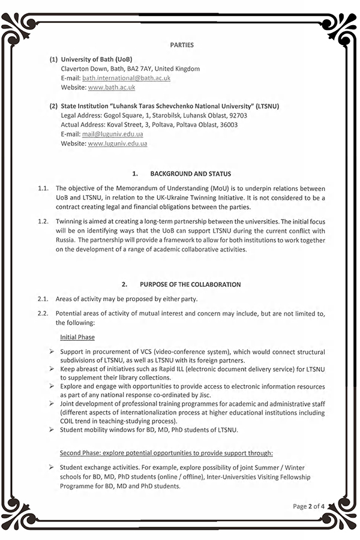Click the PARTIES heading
click(182, 45)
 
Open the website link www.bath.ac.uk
click(111, 88)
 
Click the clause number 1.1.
click(43, 188)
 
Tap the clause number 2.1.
click(43, 299)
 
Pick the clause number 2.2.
click(43, 313)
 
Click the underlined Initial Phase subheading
click(77, 337)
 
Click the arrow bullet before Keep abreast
click(53, 369)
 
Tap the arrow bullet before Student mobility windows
click(53, 430)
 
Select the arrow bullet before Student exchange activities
click(53, 466)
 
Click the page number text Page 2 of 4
click(308, 506)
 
